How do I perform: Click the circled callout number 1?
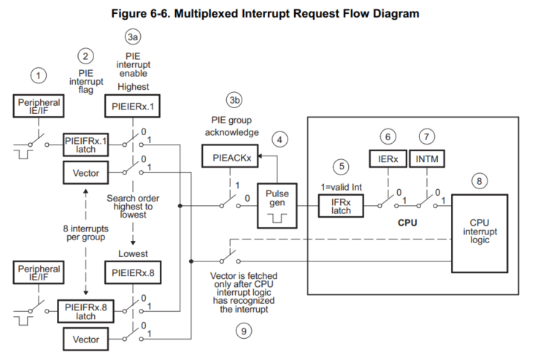click(39, 74)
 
